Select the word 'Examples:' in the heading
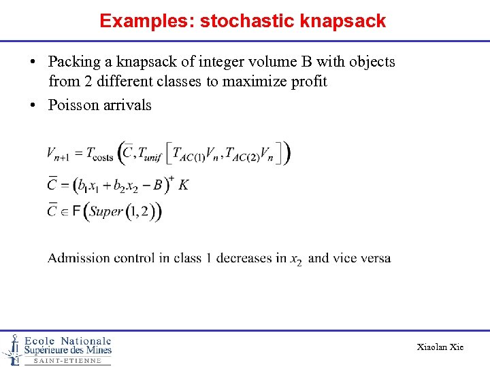point(147,21)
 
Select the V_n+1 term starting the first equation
point(59,154)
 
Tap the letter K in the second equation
point(183,184)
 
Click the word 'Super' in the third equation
point(106,211)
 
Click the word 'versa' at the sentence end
point(376,258)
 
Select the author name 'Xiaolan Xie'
point(440,347)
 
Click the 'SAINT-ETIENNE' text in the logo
point(67,360)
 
